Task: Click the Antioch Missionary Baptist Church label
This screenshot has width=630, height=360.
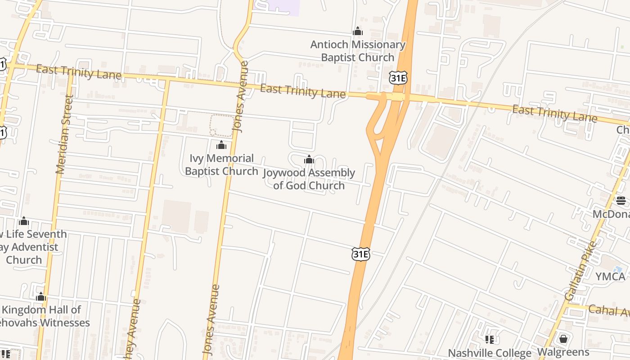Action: [358, 51]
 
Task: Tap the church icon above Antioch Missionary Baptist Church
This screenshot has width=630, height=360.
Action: [358, 31]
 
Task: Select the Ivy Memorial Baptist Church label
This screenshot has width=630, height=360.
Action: [221, 165]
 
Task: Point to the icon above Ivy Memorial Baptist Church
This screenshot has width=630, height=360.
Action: [221, 145]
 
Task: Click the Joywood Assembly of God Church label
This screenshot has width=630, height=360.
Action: [309, 179]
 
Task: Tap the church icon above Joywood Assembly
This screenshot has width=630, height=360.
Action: [309, 160]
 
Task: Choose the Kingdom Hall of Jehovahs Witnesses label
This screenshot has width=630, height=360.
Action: [43, 316]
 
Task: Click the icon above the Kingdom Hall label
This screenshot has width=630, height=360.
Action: [41, 297]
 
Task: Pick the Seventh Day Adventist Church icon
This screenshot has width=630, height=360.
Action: [24, 221]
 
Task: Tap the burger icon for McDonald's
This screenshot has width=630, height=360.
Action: [621, 201]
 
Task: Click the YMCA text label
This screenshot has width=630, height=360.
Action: [610, 276]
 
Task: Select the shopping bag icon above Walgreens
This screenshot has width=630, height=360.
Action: [563, 339]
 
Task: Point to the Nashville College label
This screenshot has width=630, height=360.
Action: [490, 353]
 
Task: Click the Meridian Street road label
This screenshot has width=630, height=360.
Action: [64, 134]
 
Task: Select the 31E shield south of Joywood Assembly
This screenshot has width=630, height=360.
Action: [360, 255]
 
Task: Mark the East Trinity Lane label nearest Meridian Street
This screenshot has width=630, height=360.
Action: [78, 72]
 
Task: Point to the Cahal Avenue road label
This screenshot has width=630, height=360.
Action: [608, 310]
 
